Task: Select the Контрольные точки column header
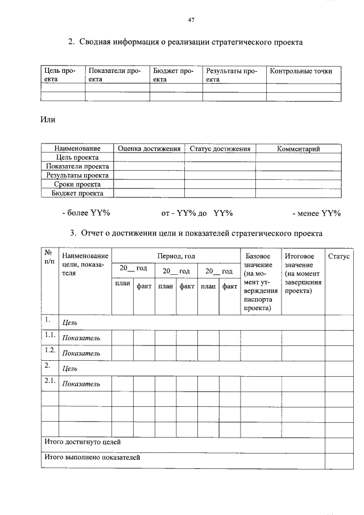pyautogui.click(x=301, y=71)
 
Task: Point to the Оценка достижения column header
pyautogui.click(x=149, y=149)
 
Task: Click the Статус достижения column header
pyautogui.click(x=220, y=149)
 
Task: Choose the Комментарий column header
pyautogui.click(x=298, y=149)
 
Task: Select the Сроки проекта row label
pyautogui.click(x=77, y=184)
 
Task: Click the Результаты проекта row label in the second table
pyautogui.click(x=77, y=175)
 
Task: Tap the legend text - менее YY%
pyautogui.click(x=316, y=213)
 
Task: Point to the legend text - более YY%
pyautogui.click(x=86, y=213)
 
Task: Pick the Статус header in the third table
pyautogui.click(x=338, y=257)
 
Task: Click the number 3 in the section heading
pyautogui.click(x=73, y=233)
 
